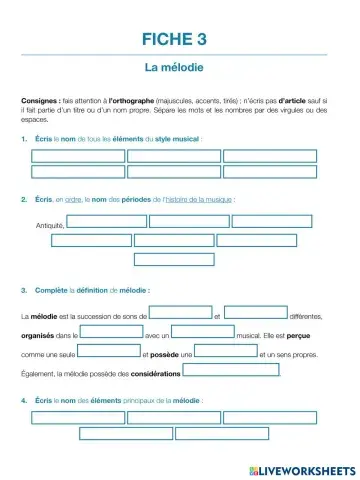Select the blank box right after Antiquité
pyautogui.click(x=107, y=222)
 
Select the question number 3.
pyautogui.click(x=23, y=291)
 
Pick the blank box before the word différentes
pyautogui.click(x=256, y=313)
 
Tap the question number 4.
pyautogui.click(x=23, y=400)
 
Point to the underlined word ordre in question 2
pyautogui.click(x=71, y=200)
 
